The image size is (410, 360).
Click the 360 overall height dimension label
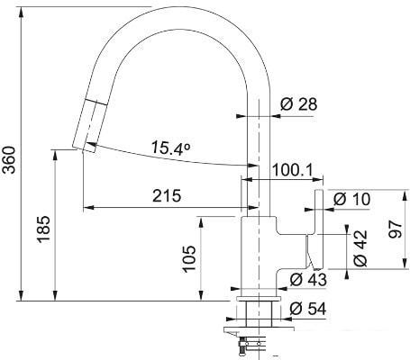pyautogui.click(x=9, y=159)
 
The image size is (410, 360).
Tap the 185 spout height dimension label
pyautogui.click(x=43, y=229)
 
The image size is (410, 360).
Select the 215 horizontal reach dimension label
pyautogui.click(x=167, y=196)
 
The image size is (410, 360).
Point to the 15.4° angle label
pyautogui.click(x=171, y=148)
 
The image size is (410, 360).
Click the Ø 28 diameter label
pyautogui.click(x=299, y=104)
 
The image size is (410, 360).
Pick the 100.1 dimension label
pyautogui.click(x=293, y=170)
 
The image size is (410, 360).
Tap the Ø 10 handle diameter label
pyautogui.click(x=352, y=199)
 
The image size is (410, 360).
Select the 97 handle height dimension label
pyautogui.click(x=395, y=229)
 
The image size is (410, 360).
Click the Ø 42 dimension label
pyautogui.click(x=360, y=248)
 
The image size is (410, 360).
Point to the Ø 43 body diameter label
pyautogui.click(x=308, y=280)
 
